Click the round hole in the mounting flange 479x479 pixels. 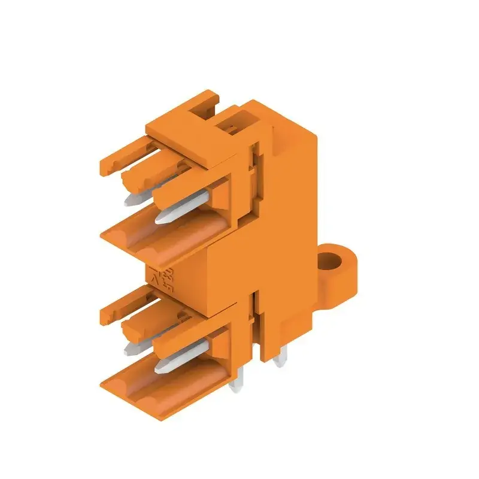329,261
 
